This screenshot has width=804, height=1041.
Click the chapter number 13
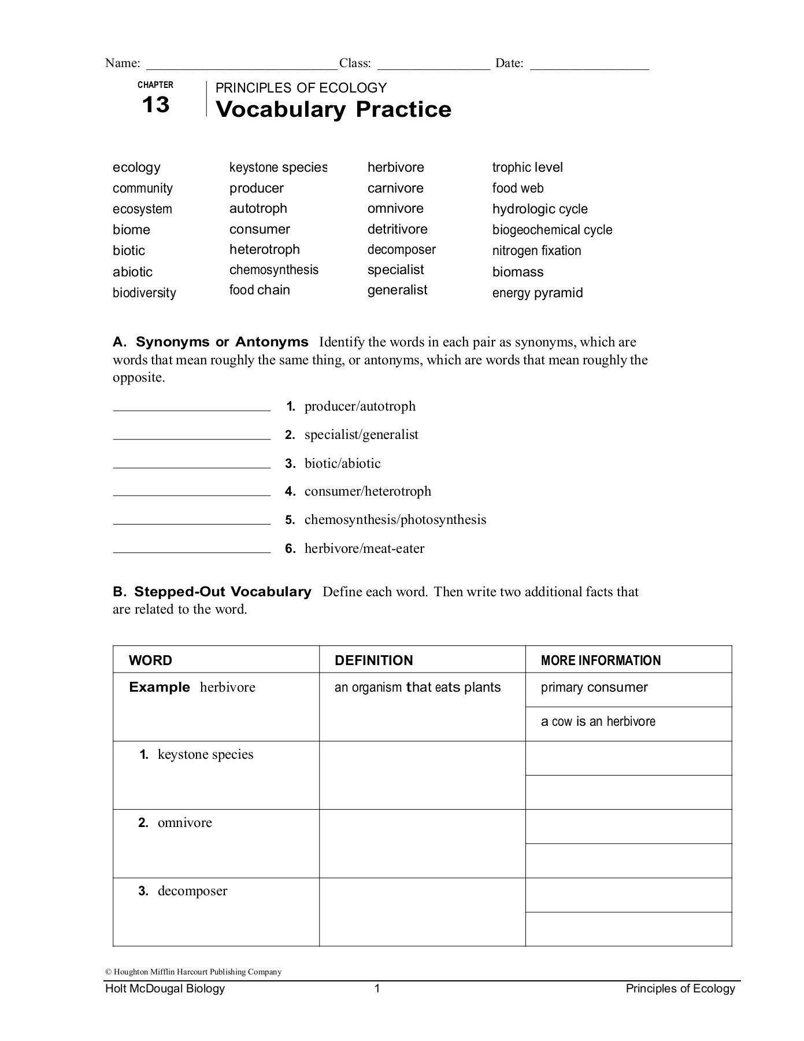[x=155, y=105]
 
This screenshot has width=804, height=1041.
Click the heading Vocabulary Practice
[x=333, y=109]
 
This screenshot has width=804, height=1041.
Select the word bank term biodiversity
[x=144, y=293]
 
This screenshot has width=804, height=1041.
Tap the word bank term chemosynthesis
[x=273, y=270]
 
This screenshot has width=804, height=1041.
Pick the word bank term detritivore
[x=397, y=229]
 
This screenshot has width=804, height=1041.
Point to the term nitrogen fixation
[x=536, y=250]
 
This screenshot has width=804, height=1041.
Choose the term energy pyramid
[x=537, y=293]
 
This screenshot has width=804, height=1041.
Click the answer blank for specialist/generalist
[x=191, y=437]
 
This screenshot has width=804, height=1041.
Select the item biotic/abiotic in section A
[x=342, y=463]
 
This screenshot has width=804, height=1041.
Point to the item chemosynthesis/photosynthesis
[x=395, y=519]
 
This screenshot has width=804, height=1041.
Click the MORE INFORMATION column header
[x=601, y=660]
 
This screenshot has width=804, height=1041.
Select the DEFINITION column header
[x=373, y=660]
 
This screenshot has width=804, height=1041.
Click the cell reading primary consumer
[x=594, y=687]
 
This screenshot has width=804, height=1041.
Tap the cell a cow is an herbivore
[x=598, y=721]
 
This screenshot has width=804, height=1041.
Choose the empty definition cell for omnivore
[x=422, y=843]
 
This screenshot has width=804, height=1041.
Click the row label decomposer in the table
[x=192, y=891]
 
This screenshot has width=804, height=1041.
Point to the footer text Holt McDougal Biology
[x=165, y=988]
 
